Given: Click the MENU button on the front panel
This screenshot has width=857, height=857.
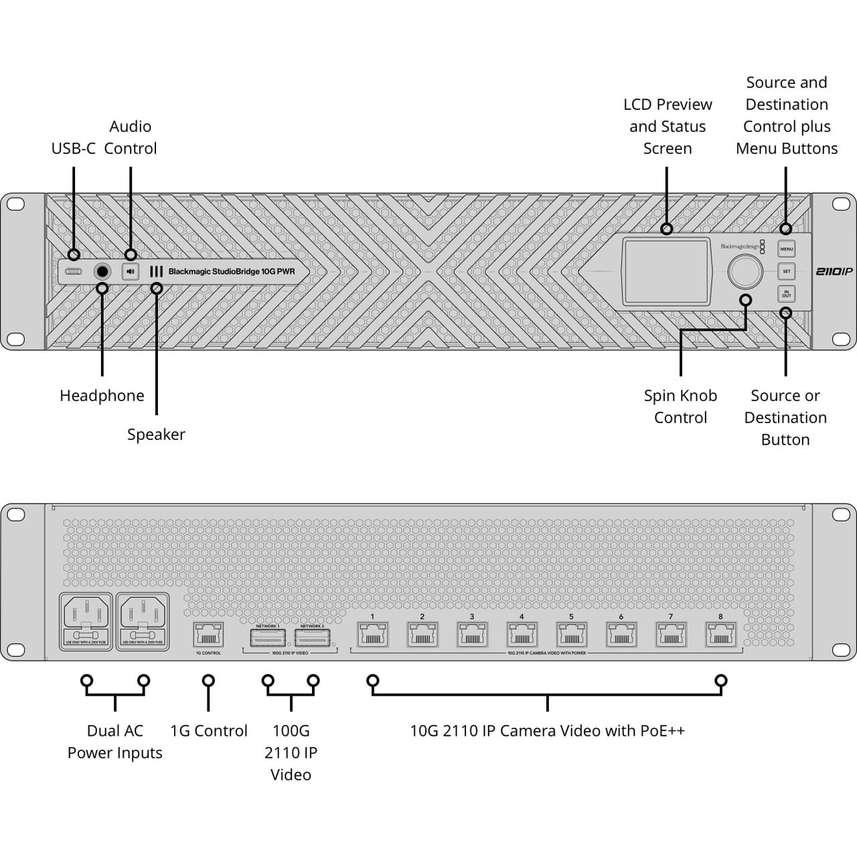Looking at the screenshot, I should pyautogui.click(x=786, y=249).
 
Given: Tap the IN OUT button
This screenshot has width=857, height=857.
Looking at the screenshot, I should pyautogui.click(x=786, y=294).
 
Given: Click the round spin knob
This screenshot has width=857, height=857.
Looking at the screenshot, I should pyautogui.click(x=745, y=271).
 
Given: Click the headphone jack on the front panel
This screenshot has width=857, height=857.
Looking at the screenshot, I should pyautogui.click(x=102, y=271).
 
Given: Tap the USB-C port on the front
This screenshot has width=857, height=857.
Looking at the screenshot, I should pyautogui.click(x=74, y=271).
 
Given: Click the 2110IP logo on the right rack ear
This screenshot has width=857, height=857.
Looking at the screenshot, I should pyautogui.click(x=834, y=271).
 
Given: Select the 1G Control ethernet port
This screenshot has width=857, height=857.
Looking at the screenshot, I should pyautogui.click(x=208, y=635).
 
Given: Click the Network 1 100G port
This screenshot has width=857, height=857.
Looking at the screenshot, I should pyautogui.click(x=268, y=637).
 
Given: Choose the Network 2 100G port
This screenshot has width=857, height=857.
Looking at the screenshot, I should pyautogui.click(x=312, y=637).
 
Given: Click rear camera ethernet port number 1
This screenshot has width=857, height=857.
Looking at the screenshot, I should pyautogui.click(x=372, y=634).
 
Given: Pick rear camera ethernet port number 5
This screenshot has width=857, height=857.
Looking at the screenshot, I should pyautogui.click(x=571, y=634).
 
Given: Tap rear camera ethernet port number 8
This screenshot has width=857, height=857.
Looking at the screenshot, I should pyautogui.click(x=720, y=634).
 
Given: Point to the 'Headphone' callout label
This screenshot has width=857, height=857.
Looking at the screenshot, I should pyautogui.click(x=102, y=396).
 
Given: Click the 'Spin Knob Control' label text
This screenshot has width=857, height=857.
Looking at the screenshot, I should pyautogui.click(x=680, y=406).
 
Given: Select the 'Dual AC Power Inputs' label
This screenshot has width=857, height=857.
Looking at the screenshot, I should pyautogui.click(x=115, y=742).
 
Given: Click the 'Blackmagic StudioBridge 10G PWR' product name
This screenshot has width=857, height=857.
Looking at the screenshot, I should pyautogui.click(x=231, y=272).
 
